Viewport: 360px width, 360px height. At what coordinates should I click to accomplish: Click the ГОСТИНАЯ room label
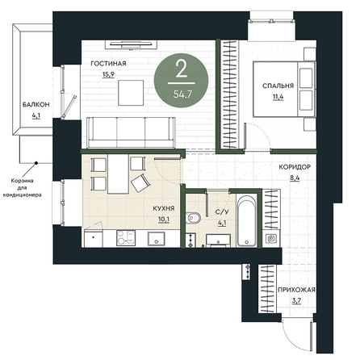pos(108,64)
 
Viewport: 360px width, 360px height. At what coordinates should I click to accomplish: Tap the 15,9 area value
pos(108,74)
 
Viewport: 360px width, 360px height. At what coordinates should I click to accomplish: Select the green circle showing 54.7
pos(181,80)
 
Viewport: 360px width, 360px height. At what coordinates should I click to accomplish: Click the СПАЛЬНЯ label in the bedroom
pos(278,86)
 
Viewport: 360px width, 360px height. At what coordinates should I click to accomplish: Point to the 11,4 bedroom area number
pos(278,97)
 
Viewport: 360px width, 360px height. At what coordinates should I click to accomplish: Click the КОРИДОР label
pos(295,167)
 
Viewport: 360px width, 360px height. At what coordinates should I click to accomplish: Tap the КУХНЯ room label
pos(164,208)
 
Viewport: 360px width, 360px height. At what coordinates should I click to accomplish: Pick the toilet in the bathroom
pos(194,218)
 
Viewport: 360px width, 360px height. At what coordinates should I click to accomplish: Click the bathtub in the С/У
pos(247,220)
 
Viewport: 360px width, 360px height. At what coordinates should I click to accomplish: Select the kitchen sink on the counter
pos(156,239)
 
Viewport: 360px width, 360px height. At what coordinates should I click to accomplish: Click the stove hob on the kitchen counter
pos(126,238)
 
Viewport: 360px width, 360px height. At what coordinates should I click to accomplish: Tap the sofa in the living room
pos(131,132)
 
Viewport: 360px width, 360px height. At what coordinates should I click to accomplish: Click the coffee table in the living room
pos(131,93)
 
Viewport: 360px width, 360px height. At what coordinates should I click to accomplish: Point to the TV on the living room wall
pos(131,44)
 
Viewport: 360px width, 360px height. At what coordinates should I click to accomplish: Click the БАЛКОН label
pos(36,105)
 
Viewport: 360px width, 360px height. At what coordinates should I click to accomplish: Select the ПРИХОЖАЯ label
pos(296,290)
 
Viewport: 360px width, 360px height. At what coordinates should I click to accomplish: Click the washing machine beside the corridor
pos(271,238)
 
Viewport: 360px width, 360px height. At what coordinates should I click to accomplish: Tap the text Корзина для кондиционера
pos(23,188)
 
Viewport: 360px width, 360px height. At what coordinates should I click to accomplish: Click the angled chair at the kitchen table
pos(140,183)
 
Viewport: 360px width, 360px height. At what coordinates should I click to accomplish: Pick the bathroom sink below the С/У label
pos(218,240)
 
